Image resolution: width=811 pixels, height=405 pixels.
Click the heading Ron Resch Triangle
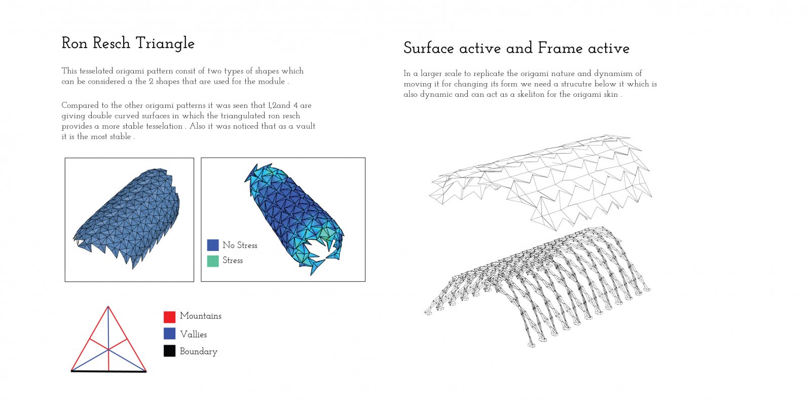(x=128, y=44)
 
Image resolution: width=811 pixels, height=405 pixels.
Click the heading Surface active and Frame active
(x=517, y=48)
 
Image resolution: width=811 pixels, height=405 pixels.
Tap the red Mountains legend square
(x=169, y=317)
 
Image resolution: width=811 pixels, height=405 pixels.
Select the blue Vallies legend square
(x=169, y=334)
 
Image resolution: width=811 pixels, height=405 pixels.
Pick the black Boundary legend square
(x=169, y=351)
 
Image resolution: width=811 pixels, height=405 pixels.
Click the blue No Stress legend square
(x=213, y=245)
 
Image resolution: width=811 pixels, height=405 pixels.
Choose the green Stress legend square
(x=213, y=261)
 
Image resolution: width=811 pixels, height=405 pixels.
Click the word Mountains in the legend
(x=201, y=316)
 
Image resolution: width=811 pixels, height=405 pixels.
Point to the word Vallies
(x=193, y=335)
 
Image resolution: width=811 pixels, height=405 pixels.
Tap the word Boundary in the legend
(x=198, y=351)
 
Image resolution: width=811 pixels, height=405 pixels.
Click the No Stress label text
(x=240, y=245)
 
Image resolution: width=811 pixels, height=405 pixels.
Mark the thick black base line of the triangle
(x=108, y=371)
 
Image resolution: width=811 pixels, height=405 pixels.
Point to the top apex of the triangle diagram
(x=108, y=307)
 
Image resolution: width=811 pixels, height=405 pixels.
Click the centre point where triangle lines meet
(x=108, y=349)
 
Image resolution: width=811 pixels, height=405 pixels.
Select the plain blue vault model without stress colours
(x=127, y=217)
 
